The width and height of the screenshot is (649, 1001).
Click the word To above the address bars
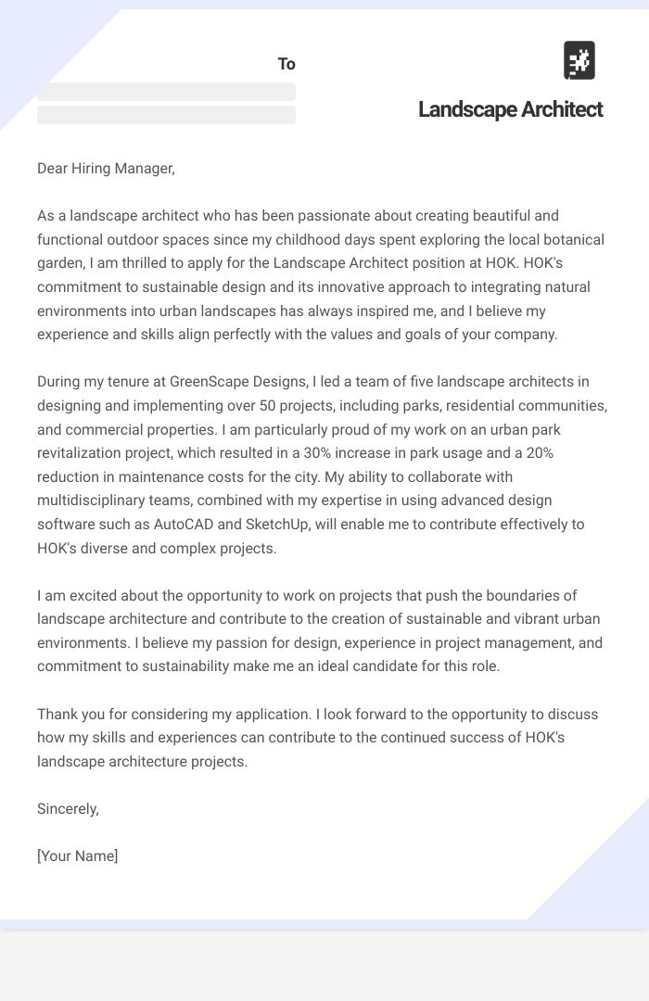pyautogui.click(x=286, y=64)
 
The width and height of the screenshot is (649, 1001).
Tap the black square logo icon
pyautogui.click(x=579, y=60)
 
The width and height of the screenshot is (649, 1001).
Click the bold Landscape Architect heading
pyautogui.click(x=510, y=109)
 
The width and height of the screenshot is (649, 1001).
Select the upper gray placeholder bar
pyautogui.click(x=166, y=92)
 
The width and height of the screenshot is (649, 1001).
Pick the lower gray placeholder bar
pyautogui.click(x=166, y=115)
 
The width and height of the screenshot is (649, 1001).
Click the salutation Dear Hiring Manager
pyautogui.click(x=106, y=169)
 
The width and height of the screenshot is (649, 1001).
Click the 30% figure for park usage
pyautogui.click(x=328, y=453)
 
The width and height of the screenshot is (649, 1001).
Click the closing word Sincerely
pyautogui.click(x=68, y=809)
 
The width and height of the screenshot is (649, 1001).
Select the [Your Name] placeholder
pyautogui.click(x=78, y=856)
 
